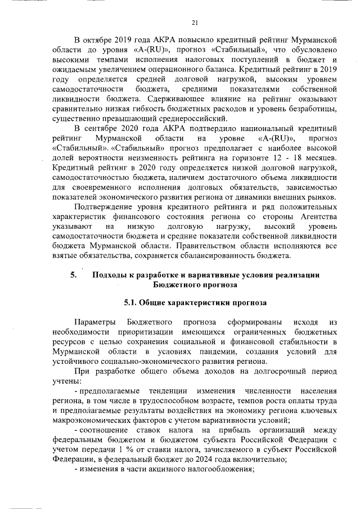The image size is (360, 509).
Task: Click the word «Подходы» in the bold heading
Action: click(x=110, y=275)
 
